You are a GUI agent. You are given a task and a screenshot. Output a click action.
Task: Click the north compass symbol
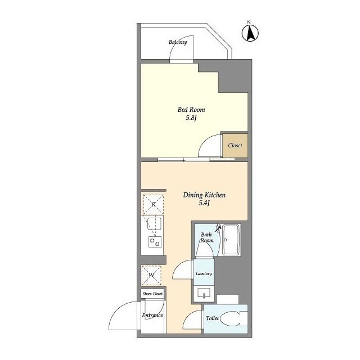pyautogui.click(x=250, y=33)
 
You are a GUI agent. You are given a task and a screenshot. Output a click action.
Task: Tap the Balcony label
pyautogui.click(x=178, y=42)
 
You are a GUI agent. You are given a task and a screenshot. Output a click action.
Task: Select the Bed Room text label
pyautogui.click(x=191, y=110)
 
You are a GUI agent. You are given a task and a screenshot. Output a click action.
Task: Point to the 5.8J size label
pyautogui.click(x=191, y=118)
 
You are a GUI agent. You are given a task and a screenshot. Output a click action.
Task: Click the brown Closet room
pyautogui.click(x=235, y=146)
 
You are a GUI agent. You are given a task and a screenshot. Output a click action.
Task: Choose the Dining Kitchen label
pyautogui.click(x=204, y=195)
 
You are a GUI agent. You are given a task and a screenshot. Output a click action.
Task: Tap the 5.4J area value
pyautogui.click(x=204, y=203)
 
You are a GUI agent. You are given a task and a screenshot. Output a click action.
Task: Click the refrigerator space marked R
pyautogui.click(x=154, y=204)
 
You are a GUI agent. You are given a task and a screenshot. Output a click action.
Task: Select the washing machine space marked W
pyautogui.click(x=151, y=275)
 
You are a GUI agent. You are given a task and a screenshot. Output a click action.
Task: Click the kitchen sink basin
pyautogui.click(x=154, y=224)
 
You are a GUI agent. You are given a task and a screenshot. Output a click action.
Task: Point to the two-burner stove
pyautogui.click(x=155, y=242)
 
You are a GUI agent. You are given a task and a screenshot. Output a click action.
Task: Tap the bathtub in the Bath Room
pyautogui.click(x=231, y=240)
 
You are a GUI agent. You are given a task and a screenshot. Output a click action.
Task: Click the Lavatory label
pyautogui.click(x=204, y=273)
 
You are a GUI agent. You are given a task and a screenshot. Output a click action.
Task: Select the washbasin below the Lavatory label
pyautogui.click(x=204, y=294)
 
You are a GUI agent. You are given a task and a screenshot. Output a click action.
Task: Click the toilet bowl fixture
pyautogui.click(x=234, y=318)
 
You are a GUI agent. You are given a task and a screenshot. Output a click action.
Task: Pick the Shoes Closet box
pyautogui.click(x=152, y=294)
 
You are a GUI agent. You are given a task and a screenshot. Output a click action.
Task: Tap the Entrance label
pyautogui.click(x=152, y=315)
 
